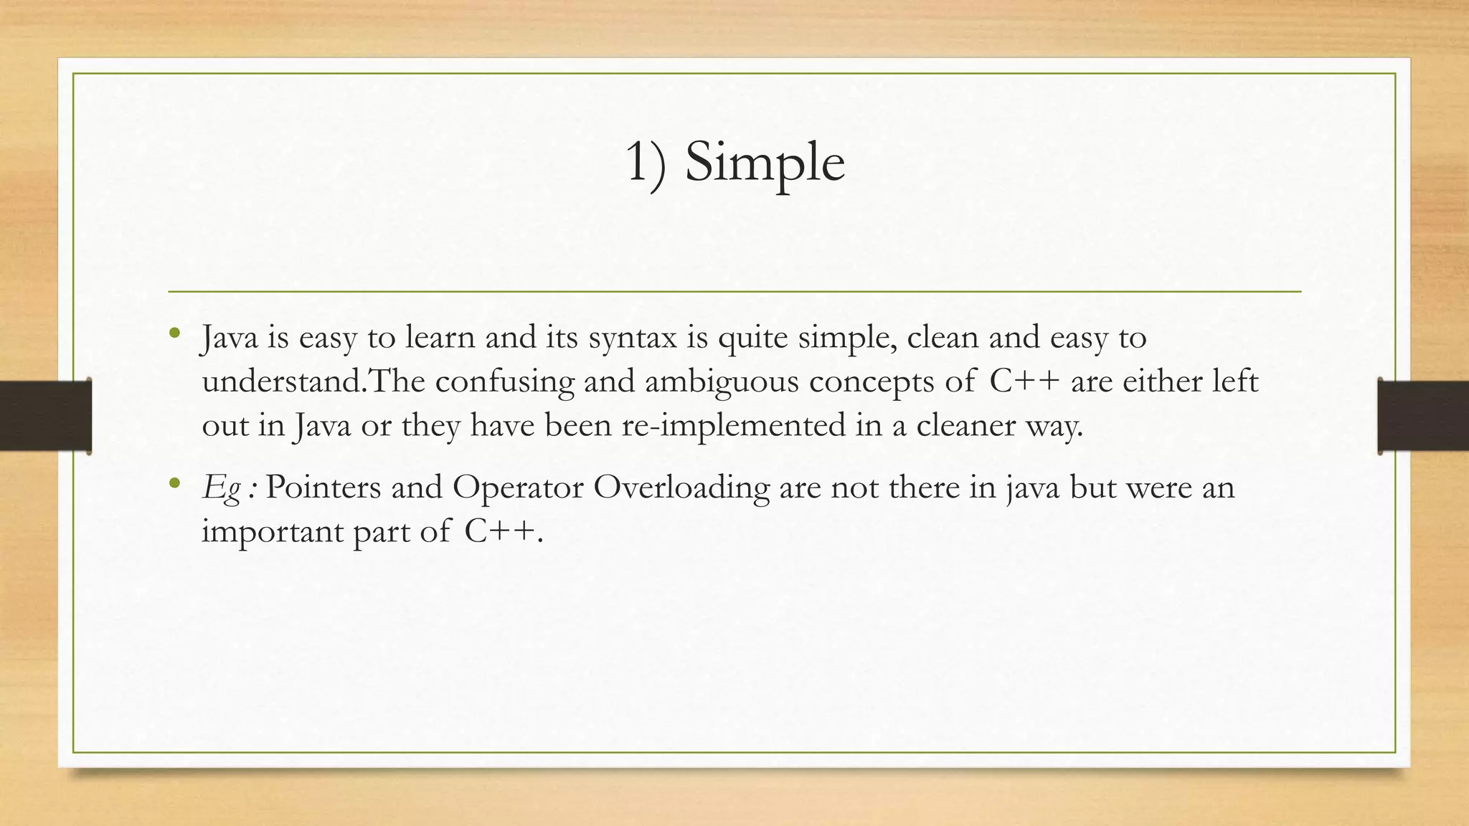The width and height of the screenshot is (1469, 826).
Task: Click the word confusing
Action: click(505, 381)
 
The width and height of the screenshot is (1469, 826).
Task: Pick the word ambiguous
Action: click(722, 381)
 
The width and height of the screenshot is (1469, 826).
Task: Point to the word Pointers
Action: click(323, 488)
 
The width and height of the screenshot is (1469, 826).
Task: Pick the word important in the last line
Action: click(273, 532)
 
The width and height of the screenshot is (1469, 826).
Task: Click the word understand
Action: click(283, 381)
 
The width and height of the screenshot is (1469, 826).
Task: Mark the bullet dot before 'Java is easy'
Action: click(174, 333)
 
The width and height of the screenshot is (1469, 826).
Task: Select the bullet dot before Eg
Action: click(174, 484)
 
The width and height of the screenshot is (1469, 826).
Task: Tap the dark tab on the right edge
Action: click(1423, 416)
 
